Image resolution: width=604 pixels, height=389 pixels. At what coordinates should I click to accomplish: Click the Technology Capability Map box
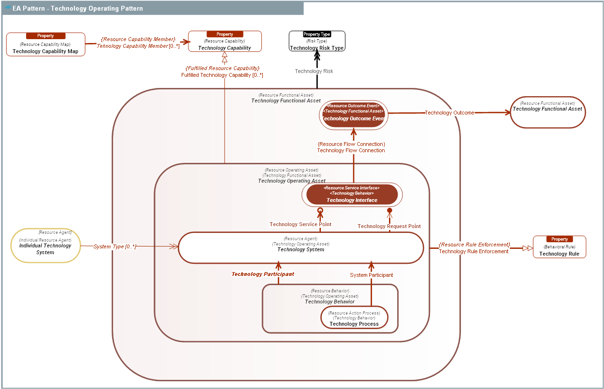tap(45, 44)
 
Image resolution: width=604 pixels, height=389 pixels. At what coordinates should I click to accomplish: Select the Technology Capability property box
tap(225, 42)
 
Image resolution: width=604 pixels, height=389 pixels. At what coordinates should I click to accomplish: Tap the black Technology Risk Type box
tap(317, 42)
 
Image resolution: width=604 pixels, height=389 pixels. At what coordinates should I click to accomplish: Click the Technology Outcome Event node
tap(353, 115)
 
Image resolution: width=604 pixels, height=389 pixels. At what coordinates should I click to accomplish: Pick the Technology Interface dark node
tap(352, 195)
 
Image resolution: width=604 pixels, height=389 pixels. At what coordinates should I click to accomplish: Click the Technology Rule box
tap(559, 247)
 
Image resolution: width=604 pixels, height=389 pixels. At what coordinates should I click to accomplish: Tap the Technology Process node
tap(354, 318)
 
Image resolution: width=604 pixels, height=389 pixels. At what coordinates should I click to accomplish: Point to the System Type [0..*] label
tap(115, 246)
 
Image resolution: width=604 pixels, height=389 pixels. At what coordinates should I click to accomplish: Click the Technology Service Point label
tap(301, 224)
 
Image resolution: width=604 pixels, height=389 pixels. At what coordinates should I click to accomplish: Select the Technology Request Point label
tap(389, 226)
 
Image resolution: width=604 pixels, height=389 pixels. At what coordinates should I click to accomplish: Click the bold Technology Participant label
tap(263, 274)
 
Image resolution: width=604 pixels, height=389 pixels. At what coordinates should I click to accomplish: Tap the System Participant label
tap(371, 275)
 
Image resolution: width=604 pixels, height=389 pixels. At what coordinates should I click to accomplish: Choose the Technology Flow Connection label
tap(351, 150)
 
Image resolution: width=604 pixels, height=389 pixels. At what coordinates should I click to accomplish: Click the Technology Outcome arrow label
tap(449, 113)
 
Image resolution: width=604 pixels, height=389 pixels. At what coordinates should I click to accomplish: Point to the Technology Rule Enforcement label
tap(474, 251)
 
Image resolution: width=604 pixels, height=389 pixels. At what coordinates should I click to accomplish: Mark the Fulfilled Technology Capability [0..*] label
tap(222, 75)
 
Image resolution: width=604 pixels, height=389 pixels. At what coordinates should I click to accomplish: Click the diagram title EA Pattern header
tap(77, 8)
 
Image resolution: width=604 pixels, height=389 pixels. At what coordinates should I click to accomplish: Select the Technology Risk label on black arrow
tap(314, 71)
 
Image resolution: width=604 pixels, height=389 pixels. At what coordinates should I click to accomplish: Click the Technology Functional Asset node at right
tap(547, 112)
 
